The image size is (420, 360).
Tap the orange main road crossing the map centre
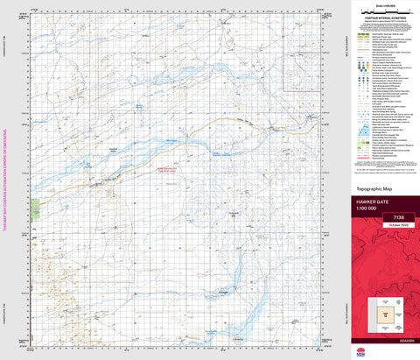point(201,123)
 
